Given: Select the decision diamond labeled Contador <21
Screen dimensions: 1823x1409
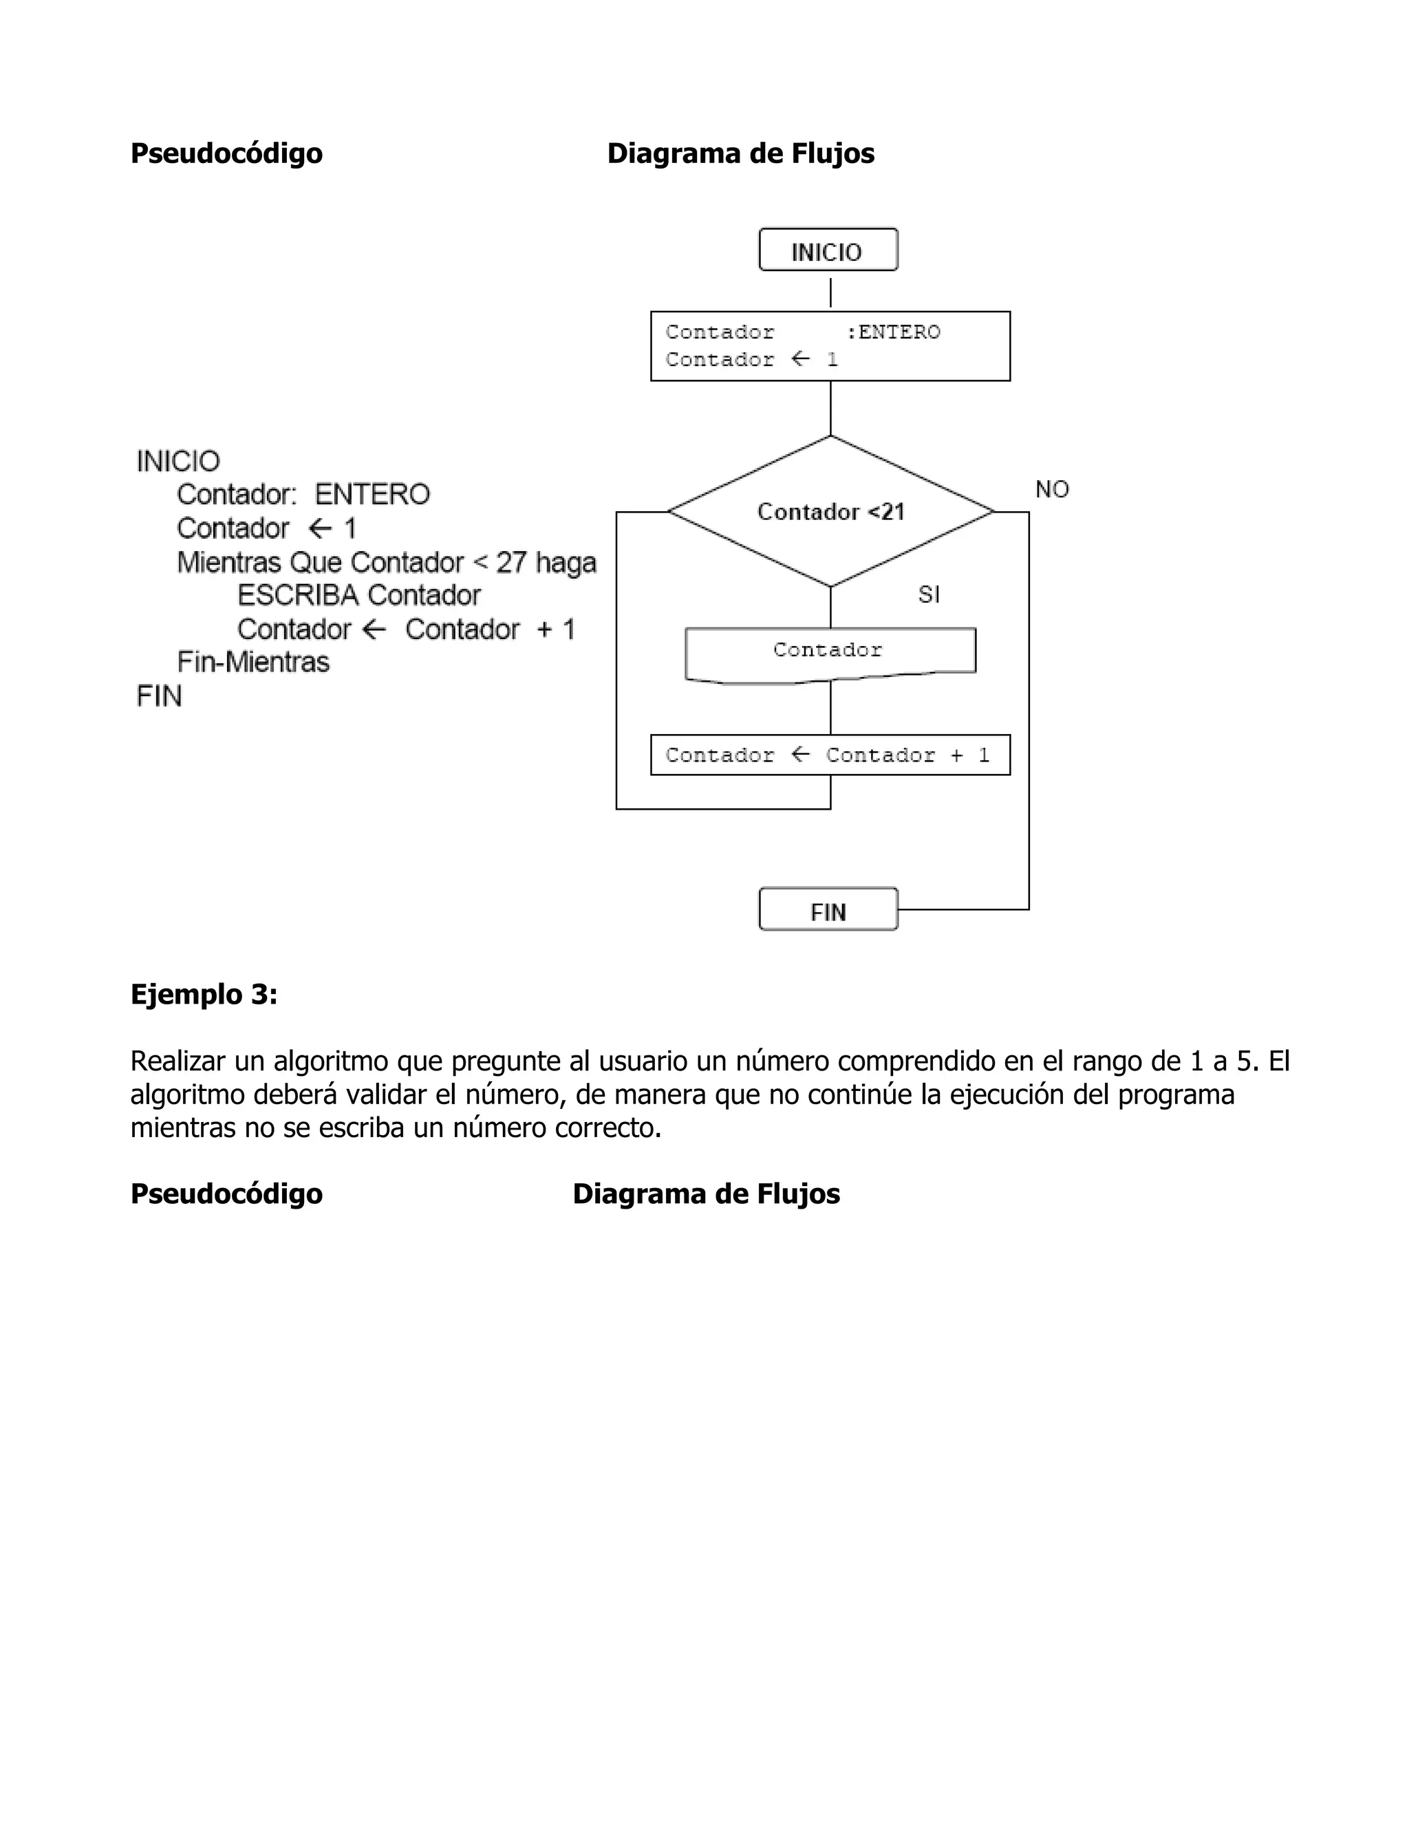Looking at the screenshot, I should (x=830, y=512).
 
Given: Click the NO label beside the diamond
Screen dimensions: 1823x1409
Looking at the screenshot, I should (x=1052, y=490).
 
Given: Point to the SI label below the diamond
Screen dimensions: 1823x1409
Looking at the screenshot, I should (x=928, y=594).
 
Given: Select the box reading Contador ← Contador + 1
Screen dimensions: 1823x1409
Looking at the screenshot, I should (x=830, y=755).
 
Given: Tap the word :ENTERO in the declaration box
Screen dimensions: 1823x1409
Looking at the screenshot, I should (x=893, y=332).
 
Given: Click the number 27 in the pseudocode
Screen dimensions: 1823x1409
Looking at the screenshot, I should (x=511, y=563).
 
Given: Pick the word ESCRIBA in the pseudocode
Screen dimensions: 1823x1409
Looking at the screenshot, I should (x=298, y=596).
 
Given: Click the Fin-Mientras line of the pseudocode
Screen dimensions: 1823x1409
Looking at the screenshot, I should (x=253, y=662).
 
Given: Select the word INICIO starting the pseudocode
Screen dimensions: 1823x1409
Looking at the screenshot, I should (x=178, y=462).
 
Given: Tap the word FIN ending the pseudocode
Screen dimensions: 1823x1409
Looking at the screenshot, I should (x=159, y=696).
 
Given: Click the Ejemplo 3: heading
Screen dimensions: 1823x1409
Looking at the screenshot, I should (x=204, y=994).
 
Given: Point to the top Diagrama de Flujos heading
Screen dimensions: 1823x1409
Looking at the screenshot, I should (x=740, y=153).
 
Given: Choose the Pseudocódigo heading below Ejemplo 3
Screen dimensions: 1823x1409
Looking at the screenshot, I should (x=226, y=1194).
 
